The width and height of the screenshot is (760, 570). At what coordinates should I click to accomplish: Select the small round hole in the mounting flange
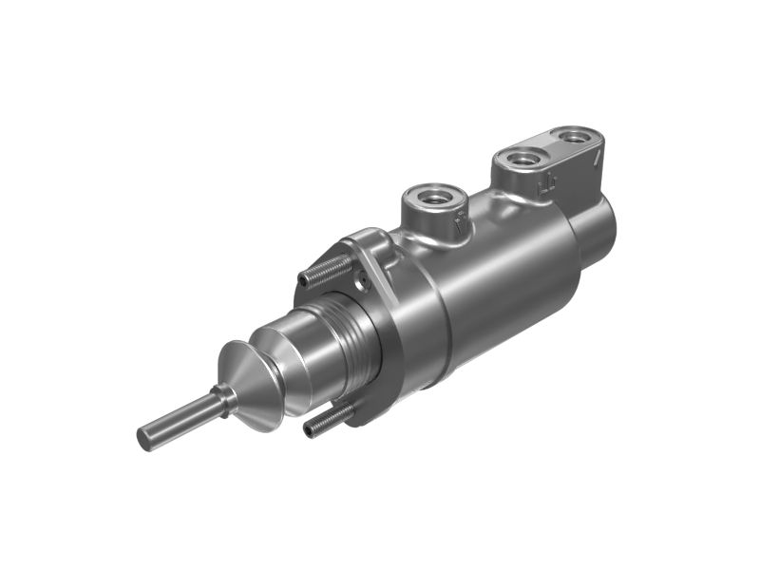click(x=360, y=280)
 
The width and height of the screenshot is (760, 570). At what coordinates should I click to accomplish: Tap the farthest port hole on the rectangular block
click(x=573, y=136)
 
